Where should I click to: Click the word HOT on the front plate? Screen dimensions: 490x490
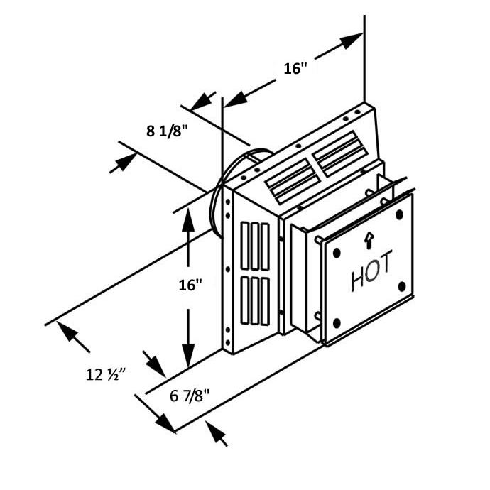pos(371,271)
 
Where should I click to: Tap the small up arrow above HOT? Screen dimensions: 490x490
pos(369,241)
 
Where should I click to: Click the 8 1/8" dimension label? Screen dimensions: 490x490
pos(167,131)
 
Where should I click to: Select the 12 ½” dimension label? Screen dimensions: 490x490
pos(106,374)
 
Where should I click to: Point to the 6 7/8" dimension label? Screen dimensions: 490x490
pos(190,396)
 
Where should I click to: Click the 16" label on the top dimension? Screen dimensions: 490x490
pos(295,68)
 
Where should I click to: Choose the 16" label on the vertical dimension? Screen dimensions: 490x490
pos(190,285)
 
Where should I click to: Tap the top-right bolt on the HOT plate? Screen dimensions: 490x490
pos(399,214)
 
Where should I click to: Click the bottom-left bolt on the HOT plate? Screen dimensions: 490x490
pos(337,323)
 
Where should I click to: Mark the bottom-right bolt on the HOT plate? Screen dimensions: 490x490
pos(402,286)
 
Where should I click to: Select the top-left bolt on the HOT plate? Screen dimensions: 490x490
pos(337,253)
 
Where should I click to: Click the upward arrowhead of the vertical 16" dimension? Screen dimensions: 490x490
pos(188,219)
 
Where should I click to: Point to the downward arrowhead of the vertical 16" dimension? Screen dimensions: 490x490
pos(188,355)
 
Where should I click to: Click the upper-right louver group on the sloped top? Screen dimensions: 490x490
pos(339,154)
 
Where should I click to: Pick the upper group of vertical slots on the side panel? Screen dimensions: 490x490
pos(256,246)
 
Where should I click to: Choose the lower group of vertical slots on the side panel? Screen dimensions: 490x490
pos(256,301)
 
